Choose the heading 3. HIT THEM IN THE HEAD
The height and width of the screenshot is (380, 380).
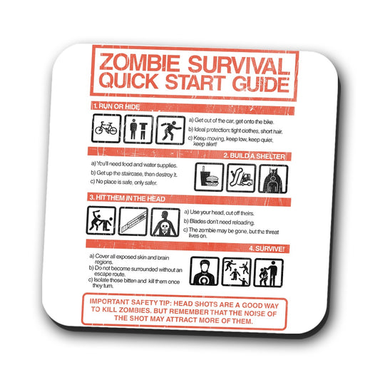pyautogui.click(x=129, y=197)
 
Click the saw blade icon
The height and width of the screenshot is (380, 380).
pyautogui.click(x=133, y=222)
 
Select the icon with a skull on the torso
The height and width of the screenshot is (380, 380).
pyautogui.click(x=163, y=222)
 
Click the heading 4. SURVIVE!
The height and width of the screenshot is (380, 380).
pyautogui.click(x=267, y=247)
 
